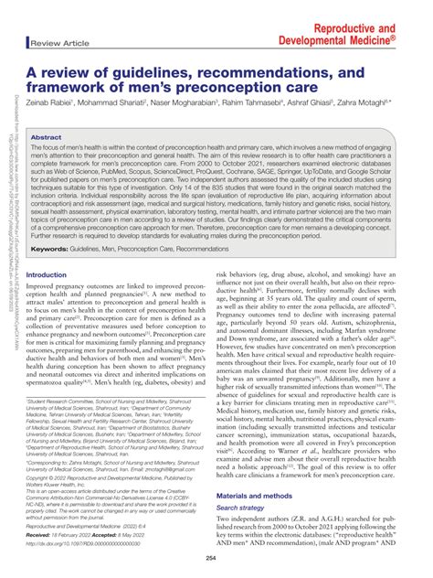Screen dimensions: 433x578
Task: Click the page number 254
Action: tap(216, 559)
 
